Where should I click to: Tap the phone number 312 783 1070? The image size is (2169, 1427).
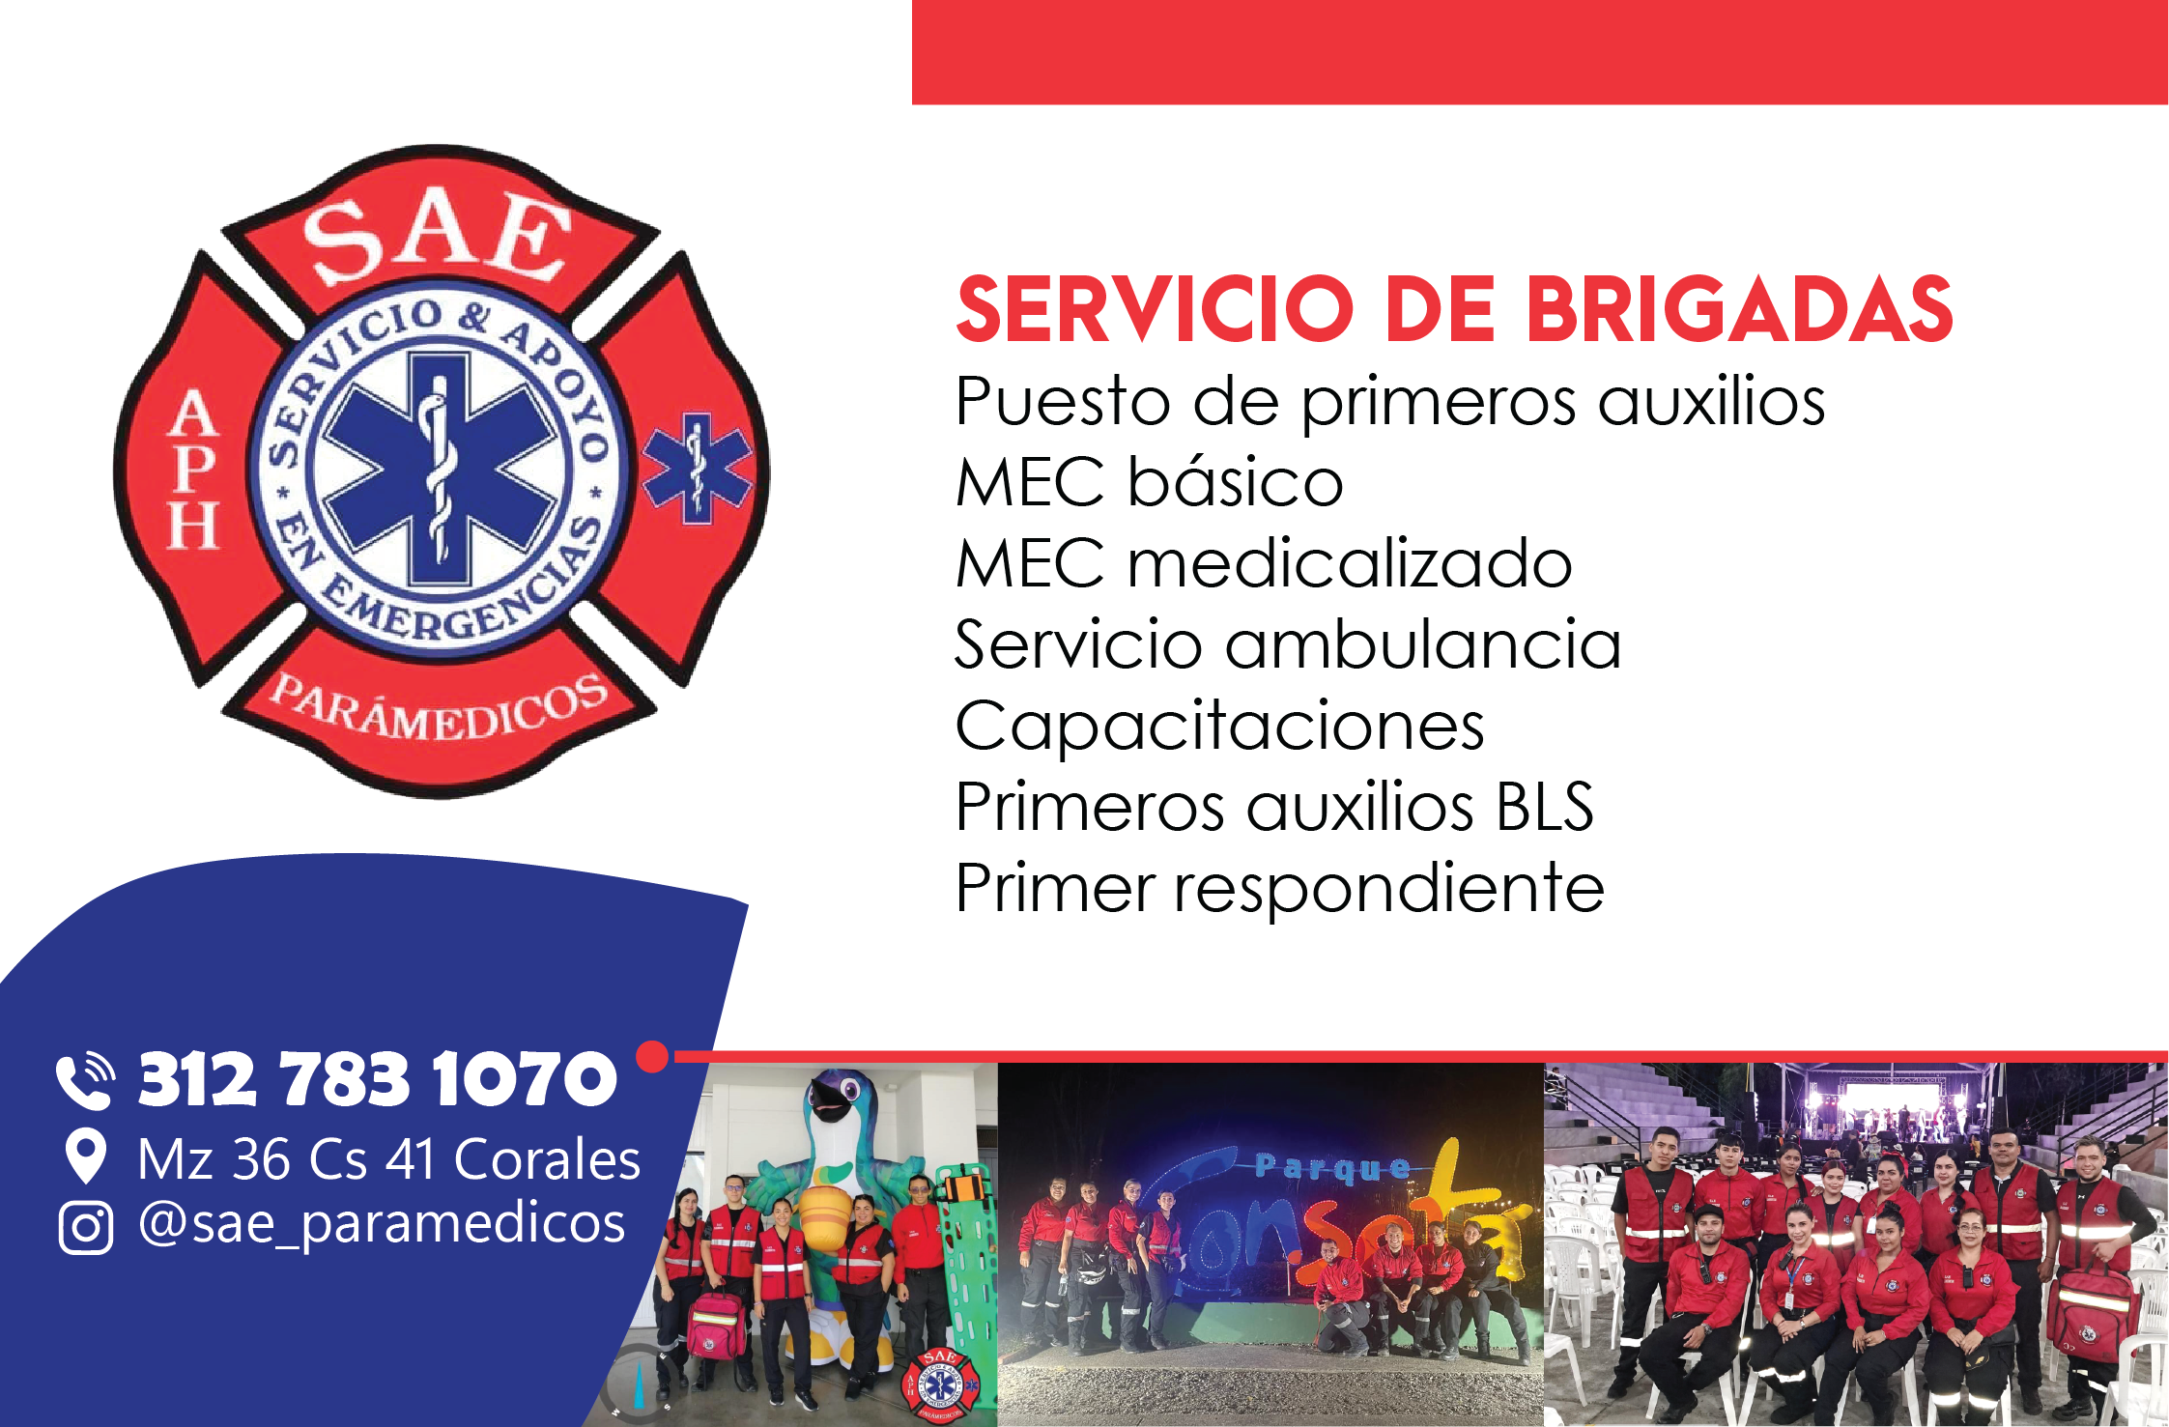pyautogui.click(x=377, y=1079)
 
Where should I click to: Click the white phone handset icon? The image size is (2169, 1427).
pyautogui.click(x=85, y=1081)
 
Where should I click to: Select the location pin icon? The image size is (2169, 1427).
pyautogui.click(x=86, y=1156)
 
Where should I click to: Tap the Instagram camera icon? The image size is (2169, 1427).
pyautogui.click(x=86, y=1227)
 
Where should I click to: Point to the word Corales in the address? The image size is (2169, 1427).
pyautogui.click(x=547, y=1159)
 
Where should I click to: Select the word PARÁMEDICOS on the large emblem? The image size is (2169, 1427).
pyautogui.click(x=440, y=708)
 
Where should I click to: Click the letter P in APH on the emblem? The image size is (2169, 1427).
pyautogui.click(x=193, y=469)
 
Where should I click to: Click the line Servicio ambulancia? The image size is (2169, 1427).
pyautogui.click(x=1288, y=644)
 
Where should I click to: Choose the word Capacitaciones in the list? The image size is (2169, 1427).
pyautogui.click(x=1219, y=727)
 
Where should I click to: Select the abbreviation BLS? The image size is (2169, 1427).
pyautogui.click(x=1544, y=807)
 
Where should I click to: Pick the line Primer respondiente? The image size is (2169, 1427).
pyautogui.click(x=1279, y=888)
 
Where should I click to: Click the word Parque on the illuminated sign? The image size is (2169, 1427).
pyautogui.click(x=1332, y=1168)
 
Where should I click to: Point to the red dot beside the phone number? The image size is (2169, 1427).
pyautogui.click(x=653, y=1056)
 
